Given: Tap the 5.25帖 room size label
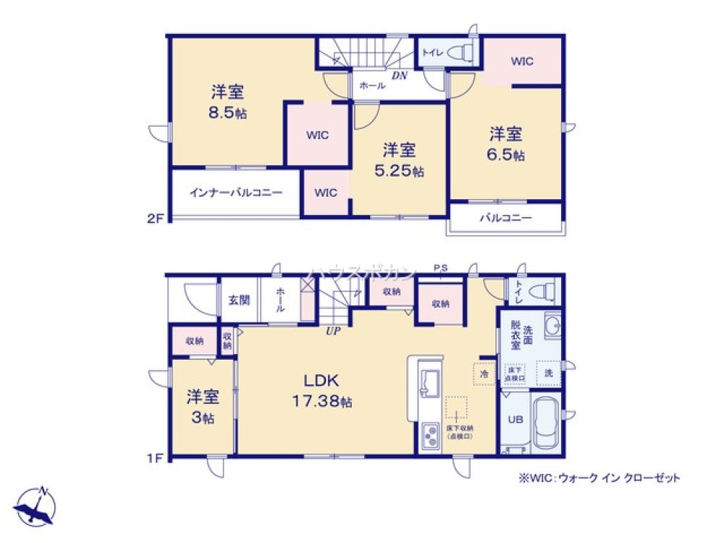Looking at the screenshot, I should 398,171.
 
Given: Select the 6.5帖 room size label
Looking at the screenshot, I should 506,154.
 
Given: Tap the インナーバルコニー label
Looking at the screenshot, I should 235,193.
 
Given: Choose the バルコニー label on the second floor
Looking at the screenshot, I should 505,217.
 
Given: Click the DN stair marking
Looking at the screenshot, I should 400,75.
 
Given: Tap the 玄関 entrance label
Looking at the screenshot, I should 239,300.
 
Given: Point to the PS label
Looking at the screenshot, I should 440,269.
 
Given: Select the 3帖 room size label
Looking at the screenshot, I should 203,418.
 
